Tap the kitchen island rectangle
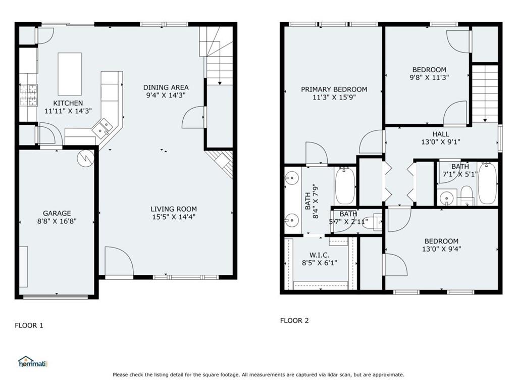tap(70, 74)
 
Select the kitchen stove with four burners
tap(29, 95)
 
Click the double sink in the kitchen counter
tap(105, 127)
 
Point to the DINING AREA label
tap(166, 87)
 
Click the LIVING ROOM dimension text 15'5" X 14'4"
tap(173, 217)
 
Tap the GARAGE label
tap(57, 213)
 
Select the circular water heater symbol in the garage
tap(86, 158)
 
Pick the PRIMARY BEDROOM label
tap(334, 89)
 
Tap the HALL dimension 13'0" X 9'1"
tap(440, 142)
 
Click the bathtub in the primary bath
tap(345, 185)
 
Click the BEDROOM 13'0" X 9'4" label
tap(441, 241)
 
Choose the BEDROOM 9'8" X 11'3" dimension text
tap(429, 77)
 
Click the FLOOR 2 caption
tap(294, 320)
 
